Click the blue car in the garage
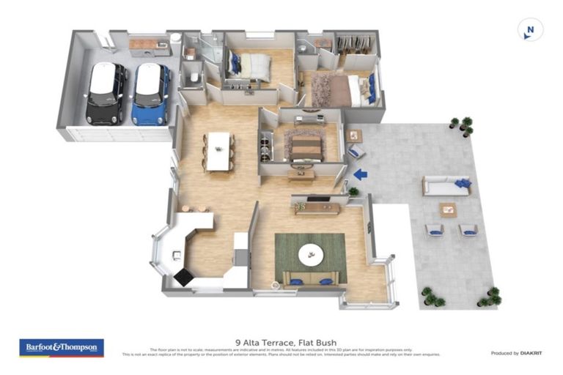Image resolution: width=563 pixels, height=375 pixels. pyautogui.click(x=151, y=93)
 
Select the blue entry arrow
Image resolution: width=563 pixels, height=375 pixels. pyautogui.click(x=360, y=174)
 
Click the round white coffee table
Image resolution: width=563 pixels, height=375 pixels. pyautogui.click(x=311, y=255)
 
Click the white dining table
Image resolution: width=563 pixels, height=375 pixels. pyautogui.click(x=218, y=151)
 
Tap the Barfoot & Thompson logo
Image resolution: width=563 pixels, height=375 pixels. pyautogui.click(x=62, y=347)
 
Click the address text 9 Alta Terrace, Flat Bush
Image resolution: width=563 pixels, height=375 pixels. pyautogui.click(x=281, y=341)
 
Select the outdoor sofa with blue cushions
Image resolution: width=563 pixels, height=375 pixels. pyautogui.click(x=446, y=186)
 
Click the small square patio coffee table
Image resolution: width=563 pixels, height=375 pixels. pyautogui.click(x=447, y=209)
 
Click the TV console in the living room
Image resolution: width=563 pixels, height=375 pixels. pyautogui.click(x=317, y=208)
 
